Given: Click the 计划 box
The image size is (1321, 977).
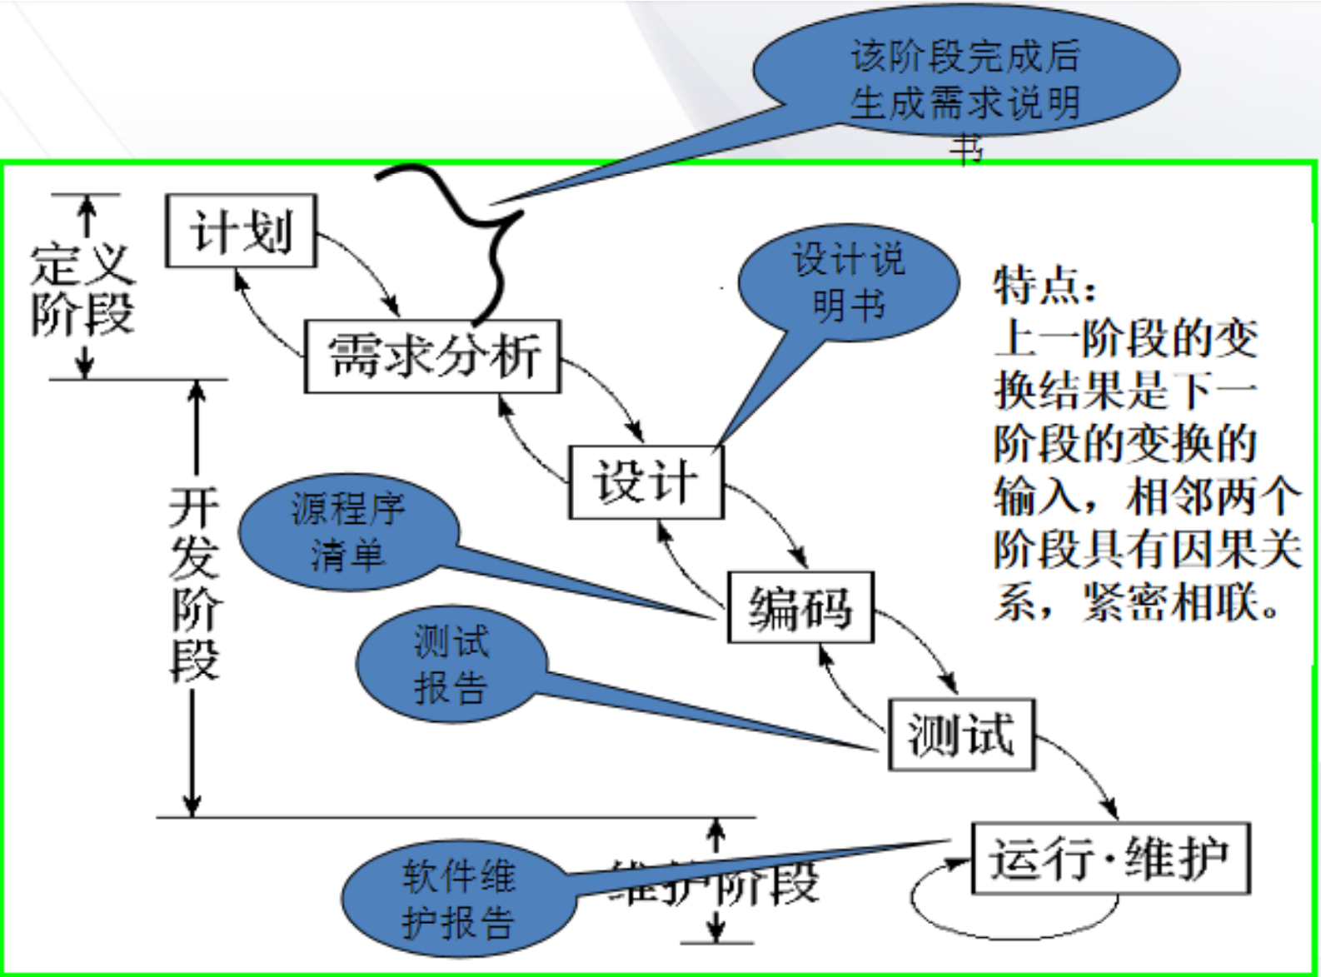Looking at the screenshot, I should click(x=241, y=231).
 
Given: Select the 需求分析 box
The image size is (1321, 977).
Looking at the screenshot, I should click(x=432, y=356).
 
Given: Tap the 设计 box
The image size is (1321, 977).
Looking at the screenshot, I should click(x=646, y=482).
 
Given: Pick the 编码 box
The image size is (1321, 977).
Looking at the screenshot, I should click(x=800, y=607).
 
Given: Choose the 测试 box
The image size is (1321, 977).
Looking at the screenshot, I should click(x=961, y=735).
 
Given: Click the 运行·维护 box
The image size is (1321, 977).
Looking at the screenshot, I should click(x=1110, y=859).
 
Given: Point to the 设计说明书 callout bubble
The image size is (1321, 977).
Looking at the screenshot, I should click(x=848, y=283).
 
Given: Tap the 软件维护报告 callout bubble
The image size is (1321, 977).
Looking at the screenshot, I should click(x=458, y=900).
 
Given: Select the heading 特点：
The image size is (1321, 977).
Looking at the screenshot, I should click(x=1044, y=286).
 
